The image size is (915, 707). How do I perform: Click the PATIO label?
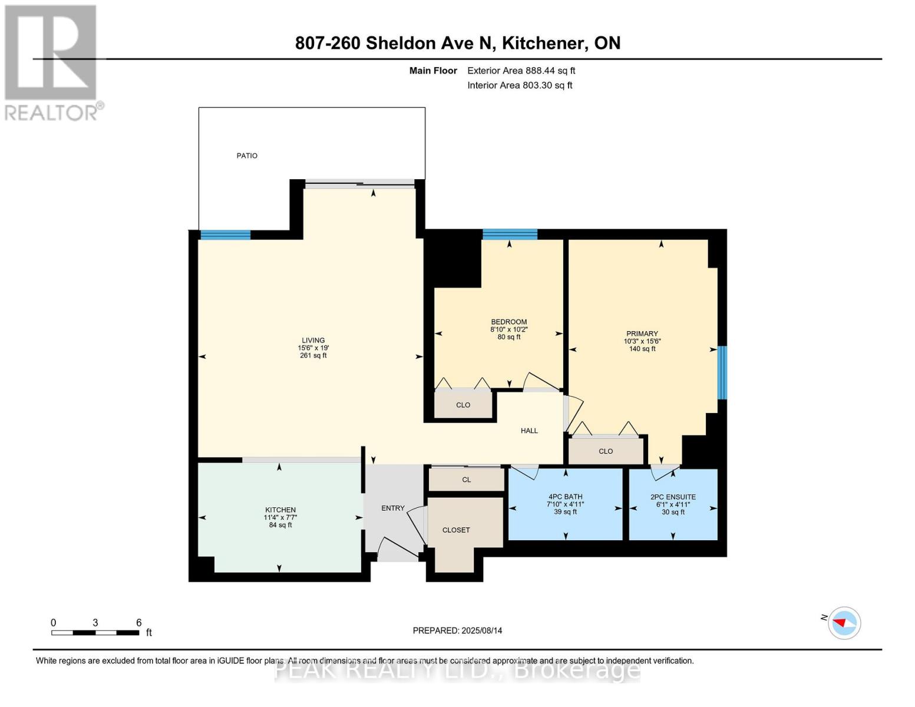[247, 156]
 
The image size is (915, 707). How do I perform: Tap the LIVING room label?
[313, 341]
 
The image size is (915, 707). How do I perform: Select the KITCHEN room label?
[280, 510]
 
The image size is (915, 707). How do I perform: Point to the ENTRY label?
[393, 508]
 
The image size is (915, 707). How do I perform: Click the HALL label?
[529, 431]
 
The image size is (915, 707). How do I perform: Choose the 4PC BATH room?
[565, 504]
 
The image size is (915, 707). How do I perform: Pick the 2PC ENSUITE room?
[673, 504]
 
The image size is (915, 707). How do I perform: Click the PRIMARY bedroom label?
[642, 334]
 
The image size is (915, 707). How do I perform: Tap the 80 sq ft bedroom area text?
[509, 337]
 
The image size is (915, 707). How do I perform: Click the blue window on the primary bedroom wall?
[722, 372]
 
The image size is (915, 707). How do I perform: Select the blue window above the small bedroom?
[510, 234]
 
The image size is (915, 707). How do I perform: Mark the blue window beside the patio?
[225, 235]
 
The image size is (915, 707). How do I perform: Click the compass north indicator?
[844, 623]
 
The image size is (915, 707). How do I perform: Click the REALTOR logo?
[52, 62]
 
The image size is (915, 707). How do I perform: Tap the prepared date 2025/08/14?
[481, 630]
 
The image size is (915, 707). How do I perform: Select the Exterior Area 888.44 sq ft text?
[521, 71]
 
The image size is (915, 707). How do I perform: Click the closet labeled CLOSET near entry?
[456, 530]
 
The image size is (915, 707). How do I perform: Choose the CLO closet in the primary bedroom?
[606, 451]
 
